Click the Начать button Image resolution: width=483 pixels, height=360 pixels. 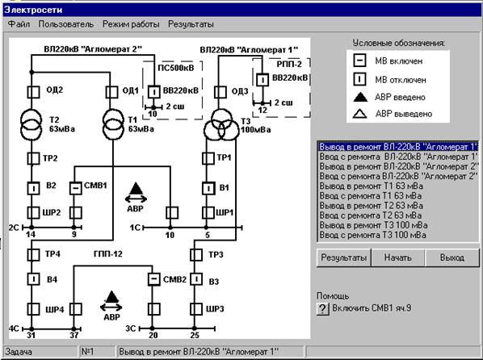click(397, 257)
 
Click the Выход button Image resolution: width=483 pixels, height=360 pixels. click(451, 257)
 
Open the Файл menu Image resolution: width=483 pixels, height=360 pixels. click(19, 24)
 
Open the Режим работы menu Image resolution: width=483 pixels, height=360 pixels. click(131, 24)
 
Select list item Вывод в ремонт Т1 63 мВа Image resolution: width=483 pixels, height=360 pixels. click(372, 186)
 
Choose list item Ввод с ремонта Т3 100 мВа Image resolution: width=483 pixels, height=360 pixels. click(372, 235)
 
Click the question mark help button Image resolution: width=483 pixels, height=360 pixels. click(322, 308)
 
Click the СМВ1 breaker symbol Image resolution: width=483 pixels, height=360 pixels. click(75, 188)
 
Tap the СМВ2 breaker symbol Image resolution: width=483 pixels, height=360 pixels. click(153, 279)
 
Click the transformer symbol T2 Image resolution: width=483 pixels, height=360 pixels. click(31, 123)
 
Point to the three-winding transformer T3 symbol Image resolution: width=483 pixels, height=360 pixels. click(221, 126)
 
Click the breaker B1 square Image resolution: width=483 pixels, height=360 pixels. click(208, 188)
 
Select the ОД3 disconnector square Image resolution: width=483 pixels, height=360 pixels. click(220, 92)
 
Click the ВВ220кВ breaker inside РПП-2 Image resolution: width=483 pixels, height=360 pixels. click(262, 80)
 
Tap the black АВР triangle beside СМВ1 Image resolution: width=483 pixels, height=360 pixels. click(136, 188)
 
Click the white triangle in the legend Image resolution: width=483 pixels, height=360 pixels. click(359, 114)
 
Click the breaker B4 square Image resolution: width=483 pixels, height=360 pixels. click(33, 279)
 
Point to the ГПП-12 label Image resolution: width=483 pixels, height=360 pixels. click(107, 253)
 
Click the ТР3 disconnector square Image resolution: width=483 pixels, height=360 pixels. click(196, 255)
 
